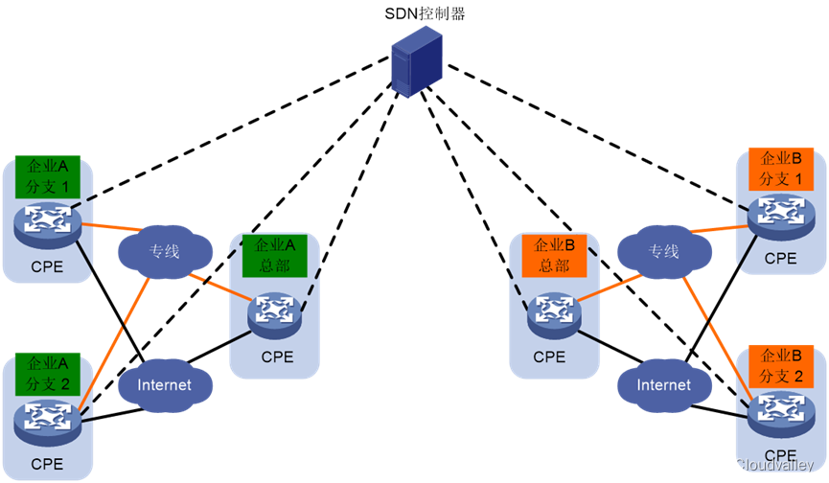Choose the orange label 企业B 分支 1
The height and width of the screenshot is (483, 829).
[780, 169]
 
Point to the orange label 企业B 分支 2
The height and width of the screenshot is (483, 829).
[780, 365]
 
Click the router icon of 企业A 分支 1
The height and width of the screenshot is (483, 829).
[47, 223]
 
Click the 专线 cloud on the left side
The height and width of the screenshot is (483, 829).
[165, 251]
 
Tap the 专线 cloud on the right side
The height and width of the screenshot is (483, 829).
[664, 251]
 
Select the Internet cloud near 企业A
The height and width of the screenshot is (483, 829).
[165, 385]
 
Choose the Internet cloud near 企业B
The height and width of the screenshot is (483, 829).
[664, 385]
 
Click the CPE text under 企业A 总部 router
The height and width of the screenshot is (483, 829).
[277, 357]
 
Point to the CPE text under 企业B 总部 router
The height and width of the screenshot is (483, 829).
[549, 357]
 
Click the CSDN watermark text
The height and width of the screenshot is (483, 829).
[743, 465]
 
